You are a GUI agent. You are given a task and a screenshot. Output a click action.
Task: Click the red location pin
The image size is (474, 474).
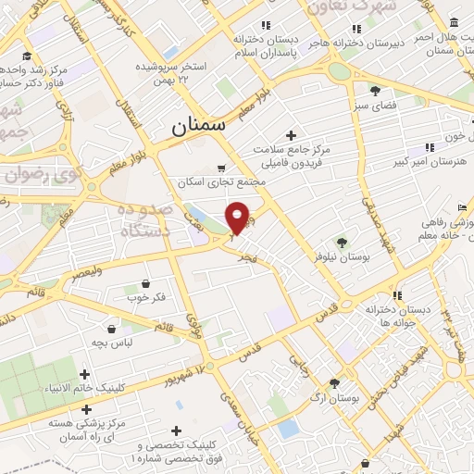238,217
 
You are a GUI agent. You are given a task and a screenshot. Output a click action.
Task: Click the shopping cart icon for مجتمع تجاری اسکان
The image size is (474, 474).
220,168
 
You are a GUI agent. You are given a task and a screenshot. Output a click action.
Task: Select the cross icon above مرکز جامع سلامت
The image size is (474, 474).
291,136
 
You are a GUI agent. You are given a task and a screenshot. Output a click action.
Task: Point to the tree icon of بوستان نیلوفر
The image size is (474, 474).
343,243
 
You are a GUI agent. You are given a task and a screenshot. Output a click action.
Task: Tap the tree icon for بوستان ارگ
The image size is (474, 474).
334,382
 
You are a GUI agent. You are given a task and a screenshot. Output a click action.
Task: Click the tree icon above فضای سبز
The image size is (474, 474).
375,91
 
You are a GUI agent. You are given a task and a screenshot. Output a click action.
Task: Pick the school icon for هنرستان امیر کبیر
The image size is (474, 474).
428,147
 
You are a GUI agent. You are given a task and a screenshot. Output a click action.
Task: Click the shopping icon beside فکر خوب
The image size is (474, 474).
145,283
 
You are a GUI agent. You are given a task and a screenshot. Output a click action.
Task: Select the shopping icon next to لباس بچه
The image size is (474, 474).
112,329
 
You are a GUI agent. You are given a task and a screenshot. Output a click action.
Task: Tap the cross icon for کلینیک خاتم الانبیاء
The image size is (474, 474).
85,375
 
